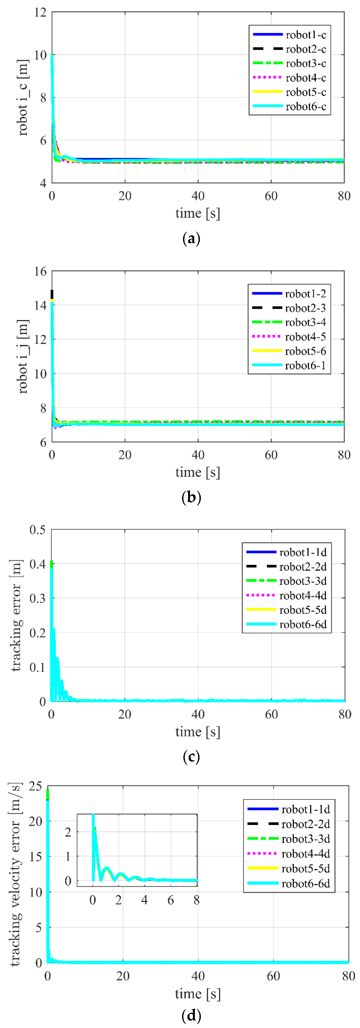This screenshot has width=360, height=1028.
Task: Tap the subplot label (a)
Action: pyautogui.click(x=191, y=239)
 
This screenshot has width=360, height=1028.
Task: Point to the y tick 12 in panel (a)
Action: pyautogui.click(x=40, y=12)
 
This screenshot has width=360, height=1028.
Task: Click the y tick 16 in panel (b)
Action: pyautogui.click(x=40, y=271)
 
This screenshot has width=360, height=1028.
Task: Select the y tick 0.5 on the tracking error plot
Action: pyautogui.click(x=37, y=530)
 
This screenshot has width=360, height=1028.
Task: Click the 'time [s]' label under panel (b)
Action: pyautogui.click(x=198, y=472)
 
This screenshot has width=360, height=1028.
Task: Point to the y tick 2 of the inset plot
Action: pyautogui.click(x=68, y=832)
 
